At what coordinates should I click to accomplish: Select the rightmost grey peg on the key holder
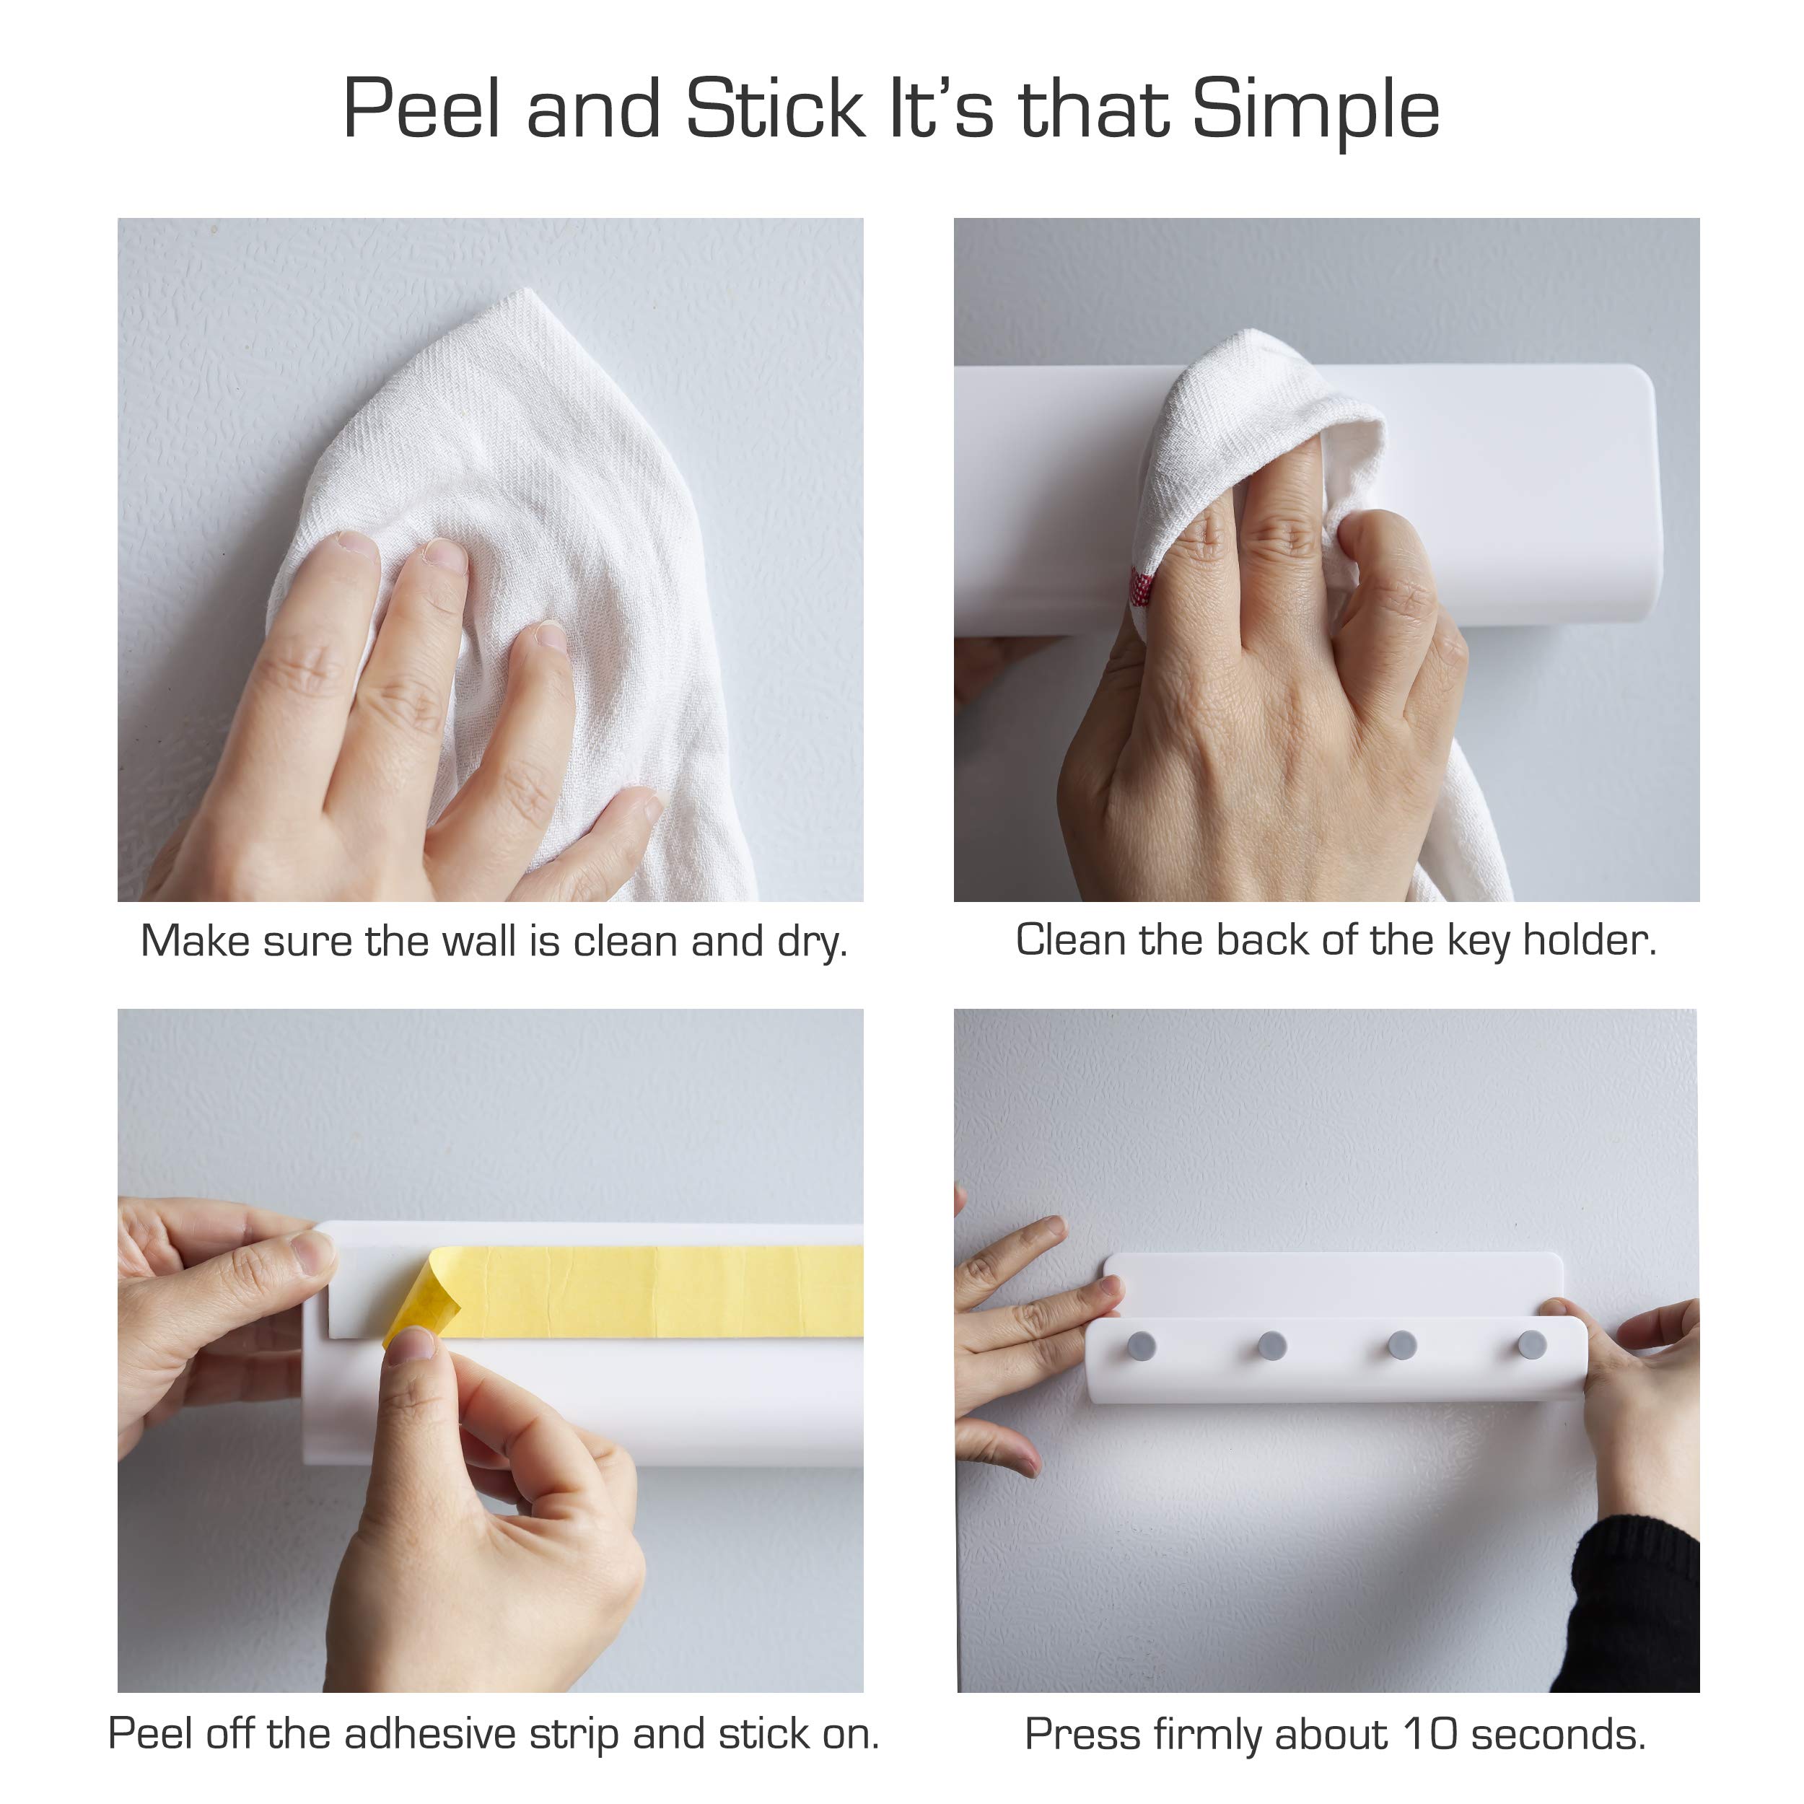coord(1531,1344)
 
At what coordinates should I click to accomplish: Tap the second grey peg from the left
coord(1271,1346)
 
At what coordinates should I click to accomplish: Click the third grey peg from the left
coord(1401,1346)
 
